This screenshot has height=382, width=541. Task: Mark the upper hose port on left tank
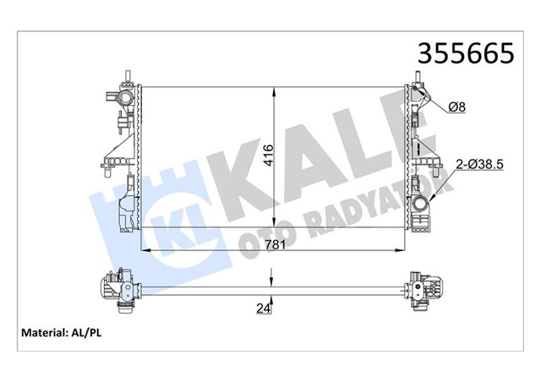tap(123, 100)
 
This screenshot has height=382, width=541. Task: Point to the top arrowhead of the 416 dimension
tap(272, 89)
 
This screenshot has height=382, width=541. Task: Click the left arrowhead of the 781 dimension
tap(143, 250)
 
